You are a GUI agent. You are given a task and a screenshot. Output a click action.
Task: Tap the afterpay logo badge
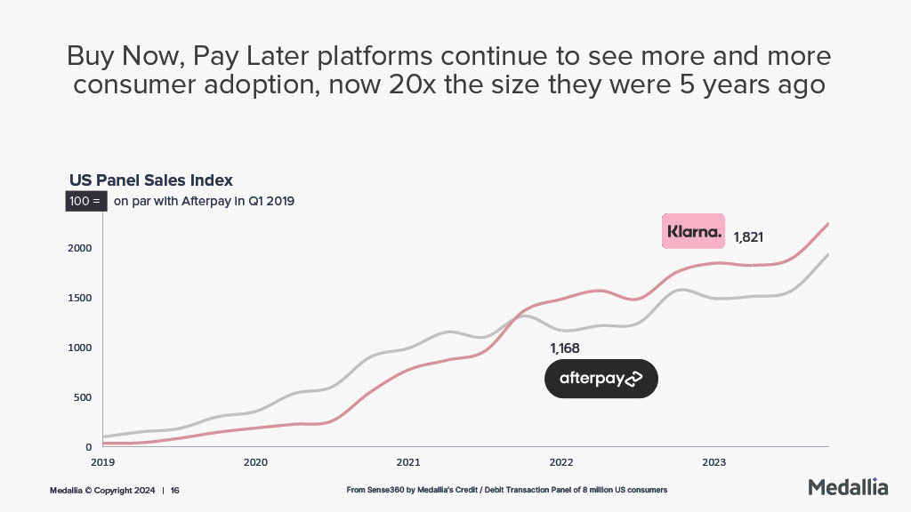click(601, 379)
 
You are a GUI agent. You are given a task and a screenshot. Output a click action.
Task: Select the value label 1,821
click(748, 237)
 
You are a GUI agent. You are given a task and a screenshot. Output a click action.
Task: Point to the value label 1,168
click(565, 348)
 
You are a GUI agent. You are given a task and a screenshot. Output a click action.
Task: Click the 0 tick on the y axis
click(89, 447)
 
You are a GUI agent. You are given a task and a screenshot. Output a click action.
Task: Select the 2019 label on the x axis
click(103, 462)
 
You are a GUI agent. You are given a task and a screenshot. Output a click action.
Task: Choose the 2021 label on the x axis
click(408, 462)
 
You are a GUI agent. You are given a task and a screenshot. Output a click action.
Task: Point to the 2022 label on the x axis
click(561, 462)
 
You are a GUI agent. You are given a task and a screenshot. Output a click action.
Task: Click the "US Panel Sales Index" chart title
click(151, 180)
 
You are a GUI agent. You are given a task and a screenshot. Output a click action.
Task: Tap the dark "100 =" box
click(86, 202)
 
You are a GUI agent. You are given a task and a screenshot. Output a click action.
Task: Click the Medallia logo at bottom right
click(848, 487)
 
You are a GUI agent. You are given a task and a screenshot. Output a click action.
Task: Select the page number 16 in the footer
click(175, 490)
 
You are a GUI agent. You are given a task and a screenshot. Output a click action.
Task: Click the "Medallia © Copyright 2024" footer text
click(102, 490)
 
